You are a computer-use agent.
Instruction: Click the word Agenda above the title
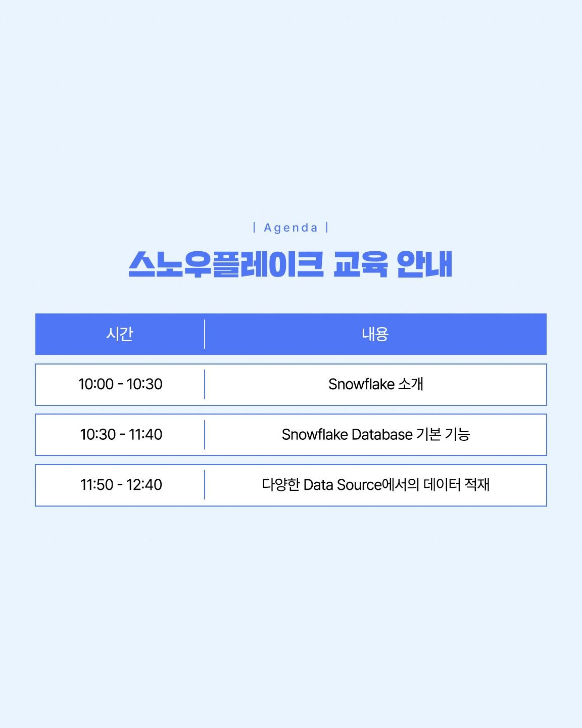291,227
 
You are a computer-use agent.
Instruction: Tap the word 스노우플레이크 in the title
226,264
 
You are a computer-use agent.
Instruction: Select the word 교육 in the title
361,264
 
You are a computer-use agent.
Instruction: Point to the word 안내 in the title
425,264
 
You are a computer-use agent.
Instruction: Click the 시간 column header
120,334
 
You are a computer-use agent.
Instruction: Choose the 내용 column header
375,334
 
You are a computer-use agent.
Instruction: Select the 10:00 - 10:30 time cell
120,384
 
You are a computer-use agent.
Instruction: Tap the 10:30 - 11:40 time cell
121,434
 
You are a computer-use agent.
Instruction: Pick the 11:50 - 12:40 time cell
121,484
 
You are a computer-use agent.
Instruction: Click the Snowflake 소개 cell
376,384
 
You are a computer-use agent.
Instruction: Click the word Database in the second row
382,434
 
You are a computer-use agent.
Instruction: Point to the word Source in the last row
359,485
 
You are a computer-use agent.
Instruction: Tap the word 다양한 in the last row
281,484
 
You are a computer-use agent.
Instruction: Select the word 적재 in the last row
477,484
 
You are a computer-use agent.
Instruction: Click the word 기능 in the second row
458,434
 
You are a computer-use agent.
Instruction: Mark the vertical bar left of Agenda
254,227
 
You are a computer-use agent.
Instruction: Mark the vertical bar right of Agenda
327,227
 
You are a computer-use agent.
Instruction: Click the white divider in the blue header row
205,334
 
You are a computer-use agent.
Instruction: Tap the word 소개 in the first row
411,384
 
